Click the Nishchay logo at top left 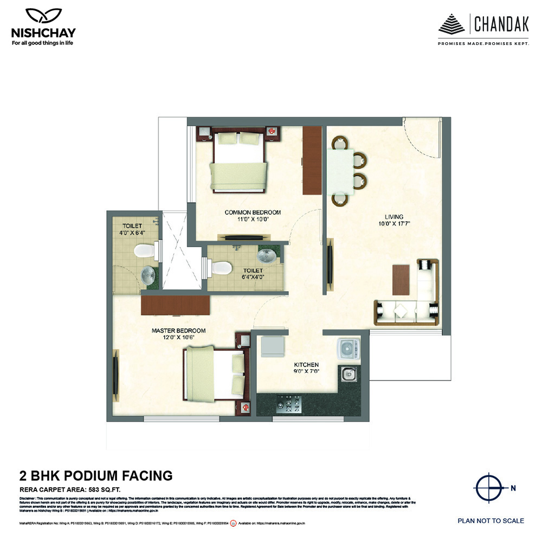click(x=43, y=27)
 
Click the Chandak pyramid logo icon click(x=452, y=25)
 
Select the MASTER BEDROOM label click(x=178, y=330)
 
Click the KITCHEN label click(x=306, y=365)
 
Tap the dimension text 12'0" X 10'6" click(x=178, y=337)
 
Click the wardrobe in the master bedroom click(x=175, y=305)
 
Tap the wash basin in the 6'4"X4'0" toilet click(x=267, y=255)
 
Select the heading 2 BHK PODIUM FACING click(x=96, y=476)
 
